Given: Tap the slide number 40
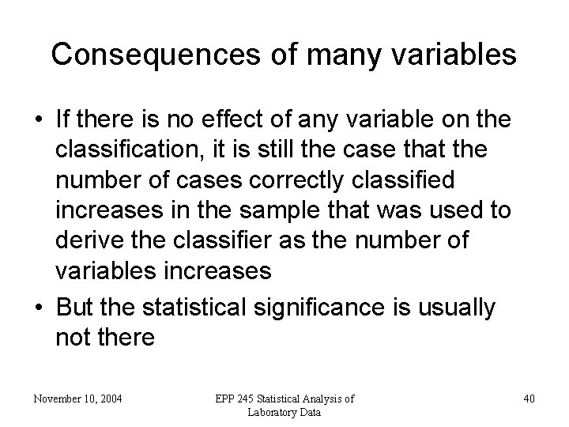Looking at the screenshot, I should pos(529,399).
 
